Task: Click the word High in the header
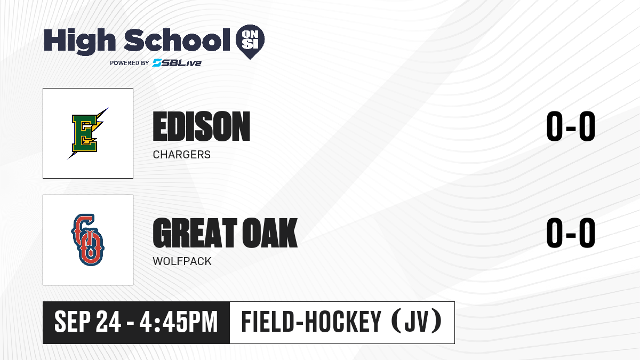pos(79,41)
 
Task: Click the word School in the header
pos(177,39)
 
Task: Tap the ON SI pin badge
pos(250,42)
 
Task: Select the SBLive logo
pos(177,63)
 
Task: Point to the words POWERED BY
pos(130,63)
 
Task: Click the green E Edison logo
pos(87,133)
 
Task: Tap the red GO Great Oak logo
pos(87,239)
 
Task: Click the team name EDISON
pos(202,126)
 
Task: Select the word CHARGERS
pos(182,155)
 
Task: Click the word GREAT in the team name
pos(195,233)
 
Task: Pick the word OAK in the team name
pos(270,233)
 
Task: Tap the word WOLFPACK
pos(182,261)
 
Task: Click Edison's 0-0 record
pos(571,126)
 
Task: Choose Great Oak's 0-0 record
pos(571,233)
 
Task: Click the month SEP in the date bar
pos(73,322)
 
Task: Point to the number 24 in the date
pos(108,322)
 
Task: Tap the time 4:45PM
pos(179,322)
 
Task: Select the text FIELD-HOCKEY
pos(311,321)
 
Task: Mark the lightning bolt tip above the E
pos(108,108)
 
